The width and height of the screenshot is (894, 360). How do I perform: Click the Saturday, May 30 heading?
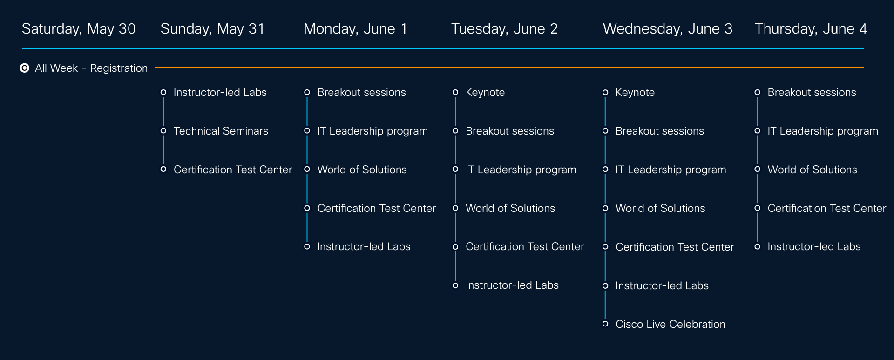[x=79, y=29]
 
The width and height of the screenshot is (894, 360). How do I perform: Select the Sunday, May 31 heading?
[x=212, y=29]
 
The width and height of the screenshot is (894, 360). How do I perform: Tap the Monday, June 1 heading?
[x=355, y=29]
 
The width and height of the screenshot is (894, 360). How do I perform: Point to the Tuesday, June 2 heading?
[x=504, y=29]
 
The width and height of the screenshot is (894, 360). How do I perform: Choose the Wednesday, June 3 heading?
[x=668, y=29]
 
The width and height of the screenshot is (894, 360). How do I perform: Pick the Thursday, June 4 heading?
[x=811, y=29]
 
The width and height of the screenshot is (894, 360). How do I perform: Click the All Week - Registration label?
[x=91, y=68]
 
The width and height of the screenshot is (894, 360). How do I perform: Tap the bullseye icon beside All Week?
[x=25, y=68]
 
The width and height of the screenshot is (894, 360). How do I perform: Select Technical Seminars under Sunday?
[x=221, y=131]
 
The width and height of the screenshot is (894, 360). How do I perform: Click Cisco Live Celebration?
[x=670, y=324]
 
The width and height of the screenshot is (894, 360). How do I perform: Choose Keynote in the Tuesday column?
[x=485, y=92]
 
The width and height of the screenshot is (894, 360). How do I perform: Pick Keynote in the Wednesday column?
[x=635, y=92]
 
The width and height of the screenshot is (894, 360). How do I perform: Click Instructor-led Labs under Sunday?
[x=220, y=92]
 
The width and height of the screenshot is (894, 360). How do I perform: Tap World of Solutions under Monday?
[x=362, y=170]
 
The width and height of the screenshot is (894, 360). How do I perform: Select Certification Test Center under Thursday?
[x=826, y=208]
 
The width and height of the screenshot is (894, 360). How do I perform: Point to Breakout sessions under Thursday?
[x=812, y=92]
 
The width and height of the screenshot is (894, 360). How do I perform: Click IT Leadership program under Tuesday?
[x=521, y=170]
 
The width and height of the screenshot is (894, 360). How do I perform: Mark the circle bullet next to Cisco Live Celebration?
[x=605, y=324]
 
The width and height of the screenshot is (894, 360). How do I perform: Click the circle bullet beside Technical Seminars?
[x=163, y=131]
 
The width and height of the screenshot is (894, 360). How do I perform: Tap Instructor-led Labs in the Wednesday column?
[x=662, y=285]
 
